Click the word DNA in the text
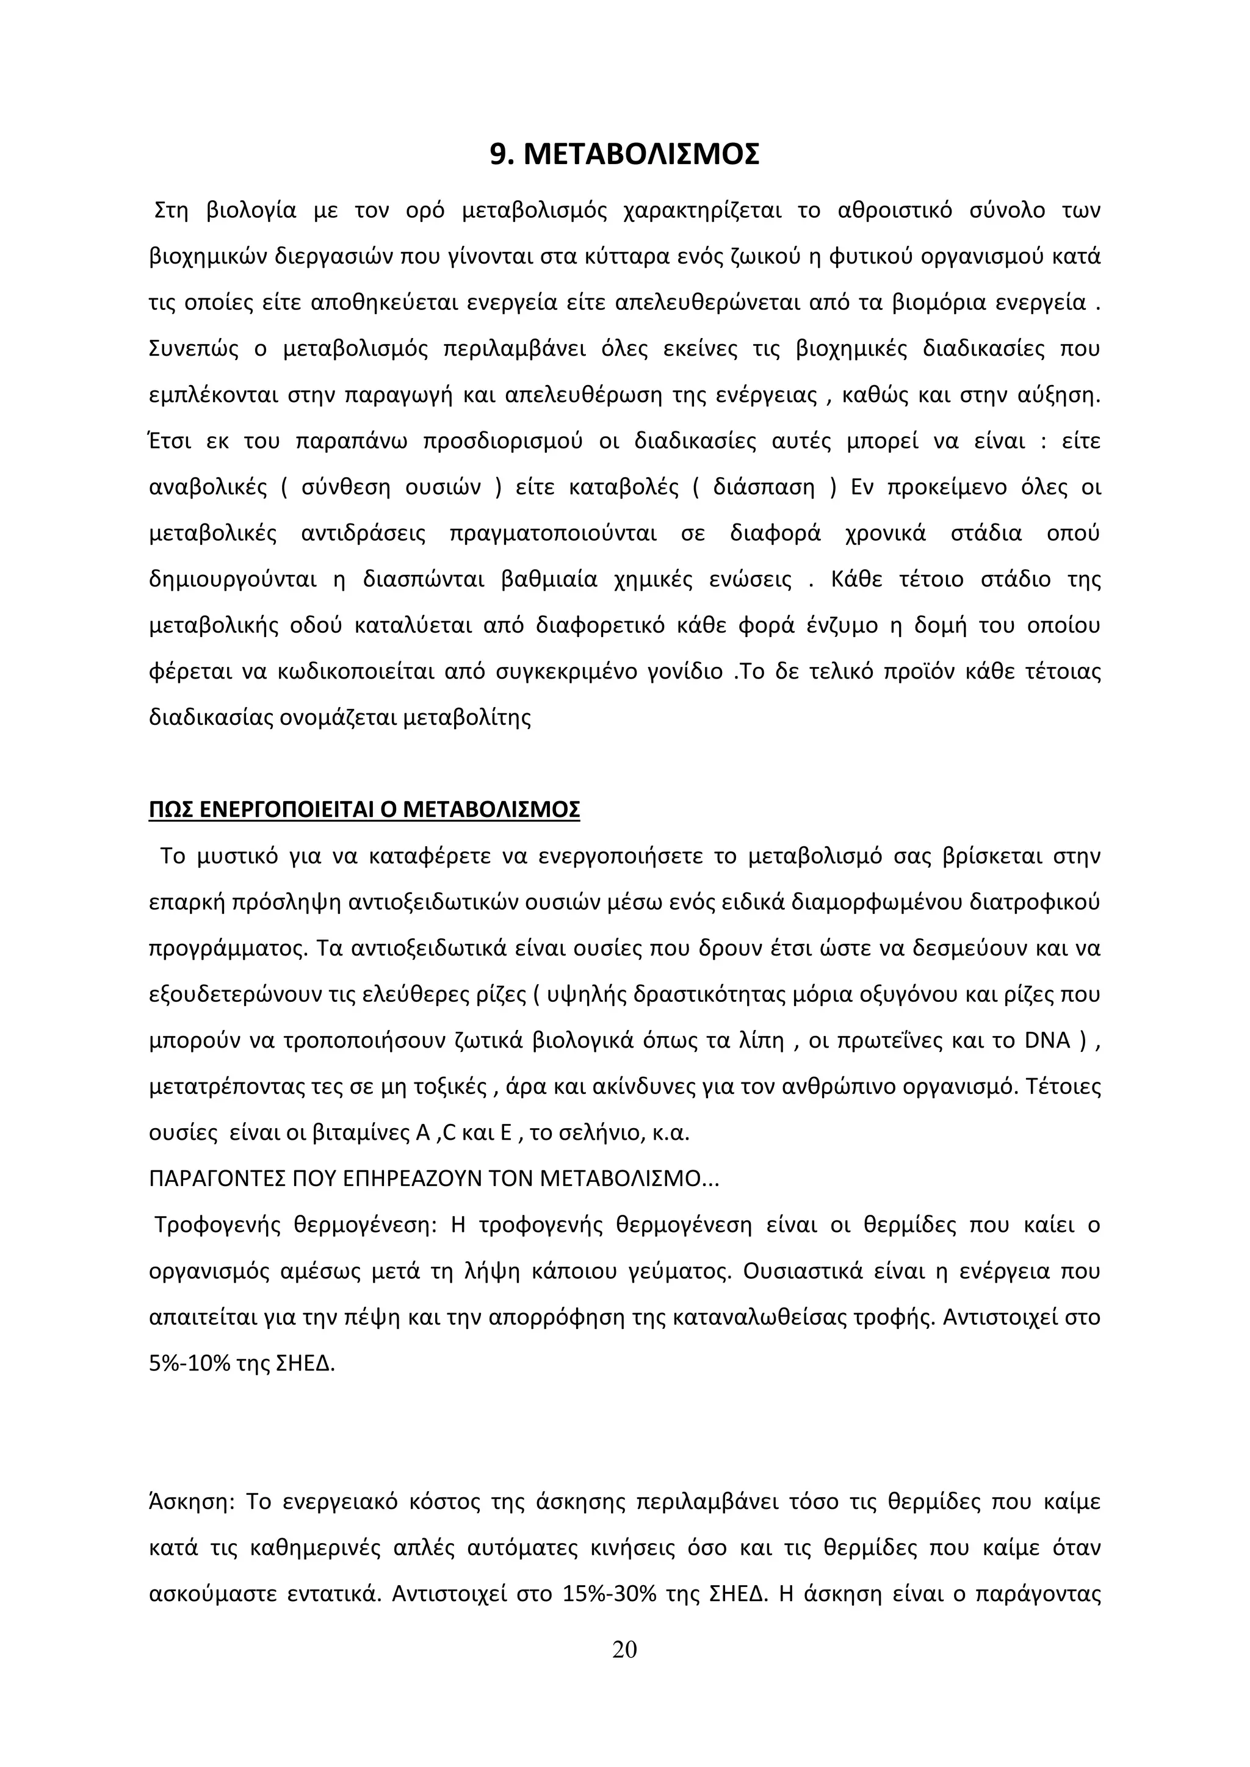click(x=1047, y=1040)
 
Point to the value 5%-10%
click(x=190, y=1364)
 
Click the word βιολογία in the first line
click(x=251, y=210)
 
